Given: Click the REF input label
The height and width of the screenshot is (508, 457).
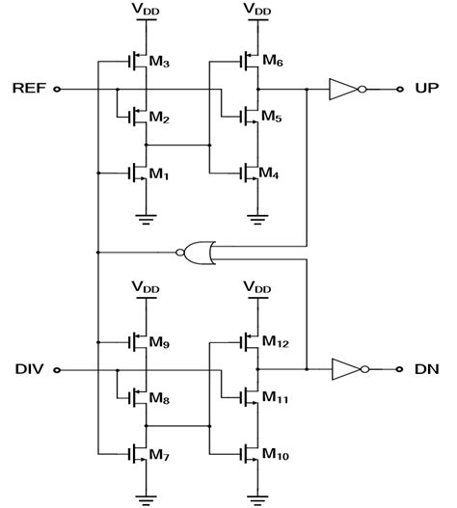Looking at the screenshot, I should (26, 90).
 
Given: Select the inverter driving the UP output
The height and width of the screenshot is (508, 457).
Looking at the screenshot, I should (344, 90).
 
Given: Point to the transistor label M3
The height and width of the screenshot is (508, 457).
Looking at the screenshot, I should (159, 64).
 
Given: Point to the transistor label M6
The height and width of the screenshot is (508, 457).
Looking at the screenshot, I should (271, 64).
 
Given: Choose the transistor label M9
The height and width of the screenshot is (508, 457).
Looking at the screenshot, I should (159, 342).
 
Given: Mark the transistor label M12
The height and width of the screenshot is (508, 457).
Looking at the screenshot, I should (274, 342).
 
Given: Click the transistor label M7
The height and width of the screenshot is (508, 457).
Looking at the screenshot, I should (159, 453).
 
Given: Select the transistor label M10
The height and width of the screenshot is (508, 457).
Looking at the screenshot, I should (274, 453).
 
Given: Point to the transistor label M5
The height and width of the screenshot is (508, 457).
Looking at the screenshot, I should (271, 119).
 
